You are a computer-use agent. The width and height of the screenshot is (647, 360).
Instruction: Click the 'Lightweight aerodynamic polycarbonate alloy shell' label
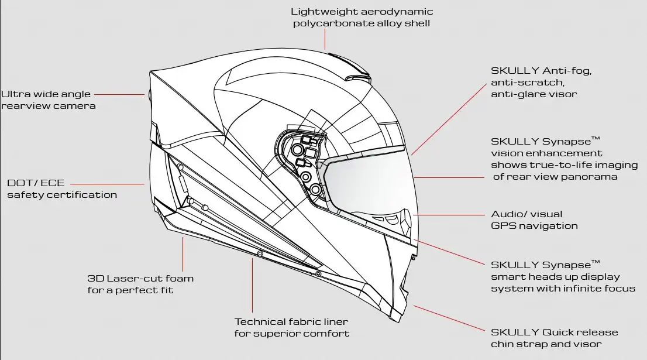click(362, 17)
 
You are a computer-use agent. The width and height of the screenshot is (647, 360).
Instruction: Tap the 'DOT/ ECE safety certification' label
click(62, 188)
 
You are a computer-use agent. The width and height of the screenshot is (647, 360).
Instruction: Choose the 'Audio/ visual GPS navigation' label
click(534, 220)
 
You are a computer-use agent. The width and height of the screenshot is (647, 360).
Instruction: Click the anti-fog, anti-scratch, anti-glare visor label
click(541, 82)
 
